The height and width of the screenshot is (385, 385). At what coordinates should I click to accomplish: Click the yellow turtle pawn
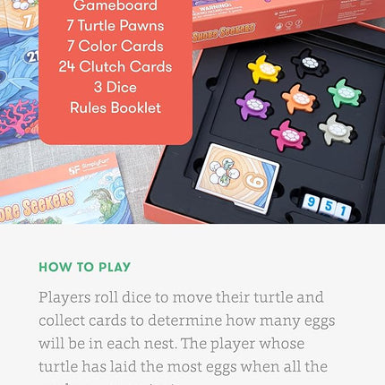[264, 68]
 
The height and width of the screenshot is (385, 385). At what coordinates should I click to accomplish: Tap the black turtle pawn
[310, 63]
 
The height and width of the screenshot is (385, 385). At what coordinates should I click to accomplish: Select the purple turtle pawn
[252, 105]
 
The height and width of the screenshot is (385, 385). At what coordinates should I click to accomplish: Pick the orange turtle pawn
[298, 98]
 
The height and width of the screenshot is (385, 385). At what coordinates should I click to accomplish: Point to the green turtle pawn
[344, 92]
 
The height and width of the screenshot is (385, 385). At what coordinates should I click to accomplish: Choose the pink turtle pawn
[288, 135]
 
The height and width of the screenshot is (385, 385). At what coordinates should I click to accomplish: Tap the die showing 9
[311, 203]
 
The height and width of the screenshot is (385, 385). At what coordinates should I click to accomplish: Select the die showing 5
[328, 207]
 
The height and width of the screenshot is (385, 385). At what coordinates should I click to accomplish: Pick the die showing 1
[344, 210]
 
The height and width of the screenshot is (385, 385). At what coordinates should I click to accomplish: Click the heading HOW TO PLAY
[84, 267]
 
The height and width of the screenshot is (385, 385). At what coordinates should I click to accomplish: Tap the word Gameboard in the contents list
[115, 6]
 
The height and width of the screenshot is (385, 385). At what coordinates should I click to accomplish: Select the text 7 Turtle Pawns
[115, 26]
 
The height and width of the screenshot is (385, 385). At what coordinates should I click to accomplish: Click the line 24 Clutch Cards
[115, 66]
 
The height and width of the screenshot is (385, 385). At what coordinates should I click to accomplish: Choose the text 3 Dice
[115, 87]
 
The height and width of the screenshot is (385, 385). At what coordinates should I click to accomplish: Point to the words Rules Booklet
[115, 107]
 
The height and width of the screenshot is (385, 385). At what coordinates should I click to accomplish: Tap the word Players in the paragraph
[67, 297]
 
